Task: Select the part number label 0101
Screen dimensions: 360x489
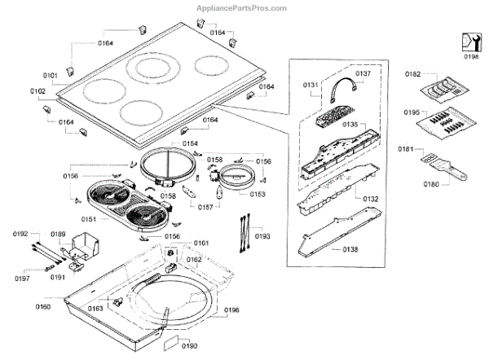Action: (x=50, y=75)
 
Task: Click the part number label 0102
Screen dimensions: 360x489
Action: (x=38, y=90)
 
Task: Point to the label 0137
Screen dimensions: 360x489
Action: (x=363, y=73)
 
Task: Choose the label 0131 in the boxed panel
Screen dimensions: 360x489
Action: (x=312, y=85)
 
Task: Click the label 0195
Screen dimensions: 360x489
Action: (x=414, y=112)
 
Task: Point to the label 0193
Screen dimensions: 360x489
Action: (x=261, y=235)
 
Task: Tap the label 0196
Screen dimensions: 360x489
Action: (x=232, y=310)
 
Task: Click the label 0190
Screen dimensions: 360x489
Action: (x=188, y=346)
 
